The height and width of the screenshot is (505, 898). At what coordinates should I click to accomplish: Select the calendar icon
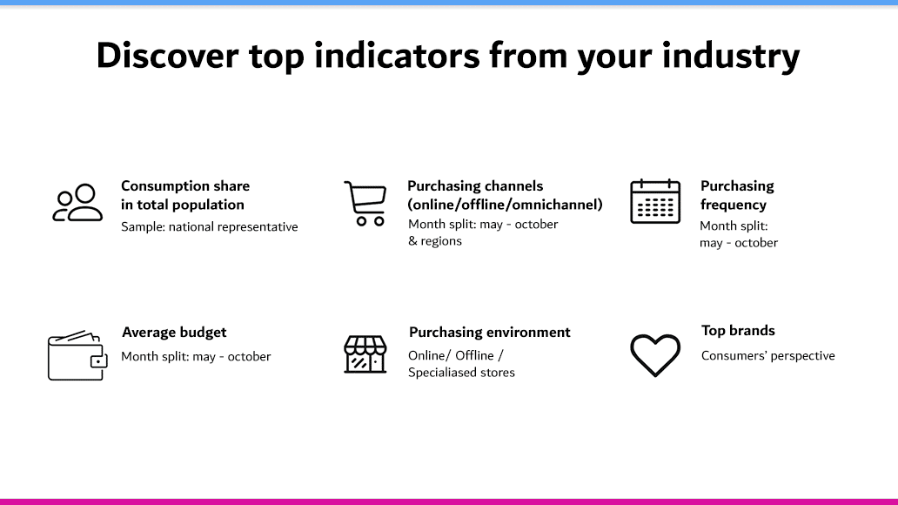tap(655, 201)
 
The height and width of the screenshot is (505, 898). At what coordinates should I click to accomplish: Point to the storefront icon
tap(365, 354)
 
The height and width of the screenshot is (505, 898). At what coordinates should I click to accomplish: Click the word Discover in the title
tap(167, 56)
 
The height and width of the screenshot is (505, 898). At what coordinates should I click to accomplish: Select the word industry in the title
tap(731, 57)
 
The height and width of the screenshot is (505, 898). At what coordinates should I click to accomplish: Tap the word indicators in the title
tap(397, 56)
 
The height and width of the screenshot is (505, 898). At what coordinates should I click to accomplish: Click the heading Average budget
tap(174, 333)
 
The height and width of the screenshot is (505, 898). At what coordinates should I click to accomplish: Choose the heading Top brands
tap(738, 331)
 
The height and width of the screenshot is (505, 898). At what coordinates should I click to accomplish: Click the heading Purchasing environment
tap(490, 333)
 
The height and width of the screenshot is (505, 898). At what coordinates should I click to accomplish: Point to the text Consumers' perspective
tap(768, 356)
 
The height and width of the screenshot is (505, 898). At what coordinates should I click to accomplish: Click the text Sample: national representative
tap(210, 227)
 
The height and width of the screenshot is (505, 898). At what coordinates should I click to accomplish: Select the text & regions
tap(435, 241)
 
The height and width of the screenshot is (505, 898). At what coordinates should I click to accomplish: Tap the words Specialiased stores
tap(461, 373)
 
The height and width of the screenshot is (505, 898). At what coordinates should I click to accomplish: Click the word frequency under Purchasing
tap(734, 205)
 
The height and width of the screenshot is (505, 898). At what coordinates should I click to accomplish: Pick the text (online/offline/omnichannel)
tap(505, 205)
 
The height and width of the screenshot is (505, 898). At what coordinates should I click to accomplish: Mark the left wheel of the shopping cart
tap(361, 221)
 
